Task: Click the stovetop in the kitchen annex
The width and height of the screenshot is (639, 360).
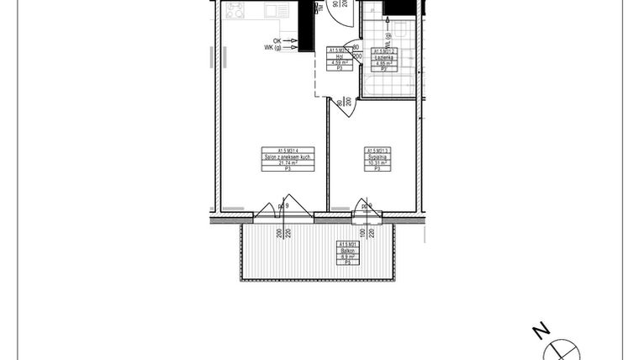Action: click(235, 11)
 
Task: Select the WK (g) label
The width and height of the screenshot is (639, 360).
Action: click(273, 47)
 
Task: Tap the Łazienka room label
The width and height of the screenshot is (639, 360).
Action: click(383, 56)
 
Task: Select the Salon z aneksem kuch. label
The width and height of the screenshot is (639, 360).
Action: click(288, 157)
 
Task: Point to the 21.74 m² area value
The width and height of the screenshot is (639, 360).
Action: click(288, 163)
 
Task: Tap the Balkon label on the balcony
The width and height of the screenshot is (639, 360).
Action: click(347, 251)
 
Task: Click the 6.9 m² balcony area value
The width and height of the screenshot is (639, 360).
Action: click(347, 257)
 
